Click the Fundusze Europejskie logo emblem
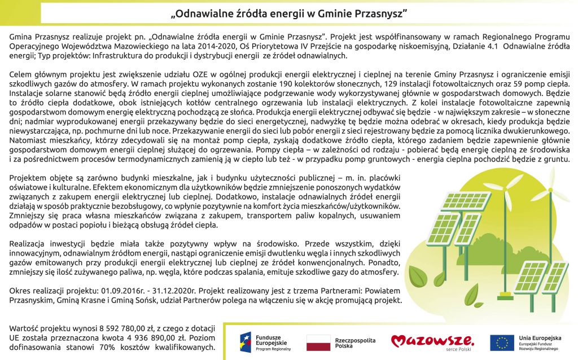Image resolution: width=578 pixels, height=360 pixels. tap(246, 342)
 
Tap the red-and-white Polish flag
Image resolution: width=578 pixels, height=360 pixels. tap(318, 343)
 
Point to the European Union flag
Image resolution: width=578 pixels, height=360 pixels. tap(501, 343)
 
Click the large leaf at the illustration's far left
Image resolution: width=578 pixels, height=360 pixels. tap(418, 275)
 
